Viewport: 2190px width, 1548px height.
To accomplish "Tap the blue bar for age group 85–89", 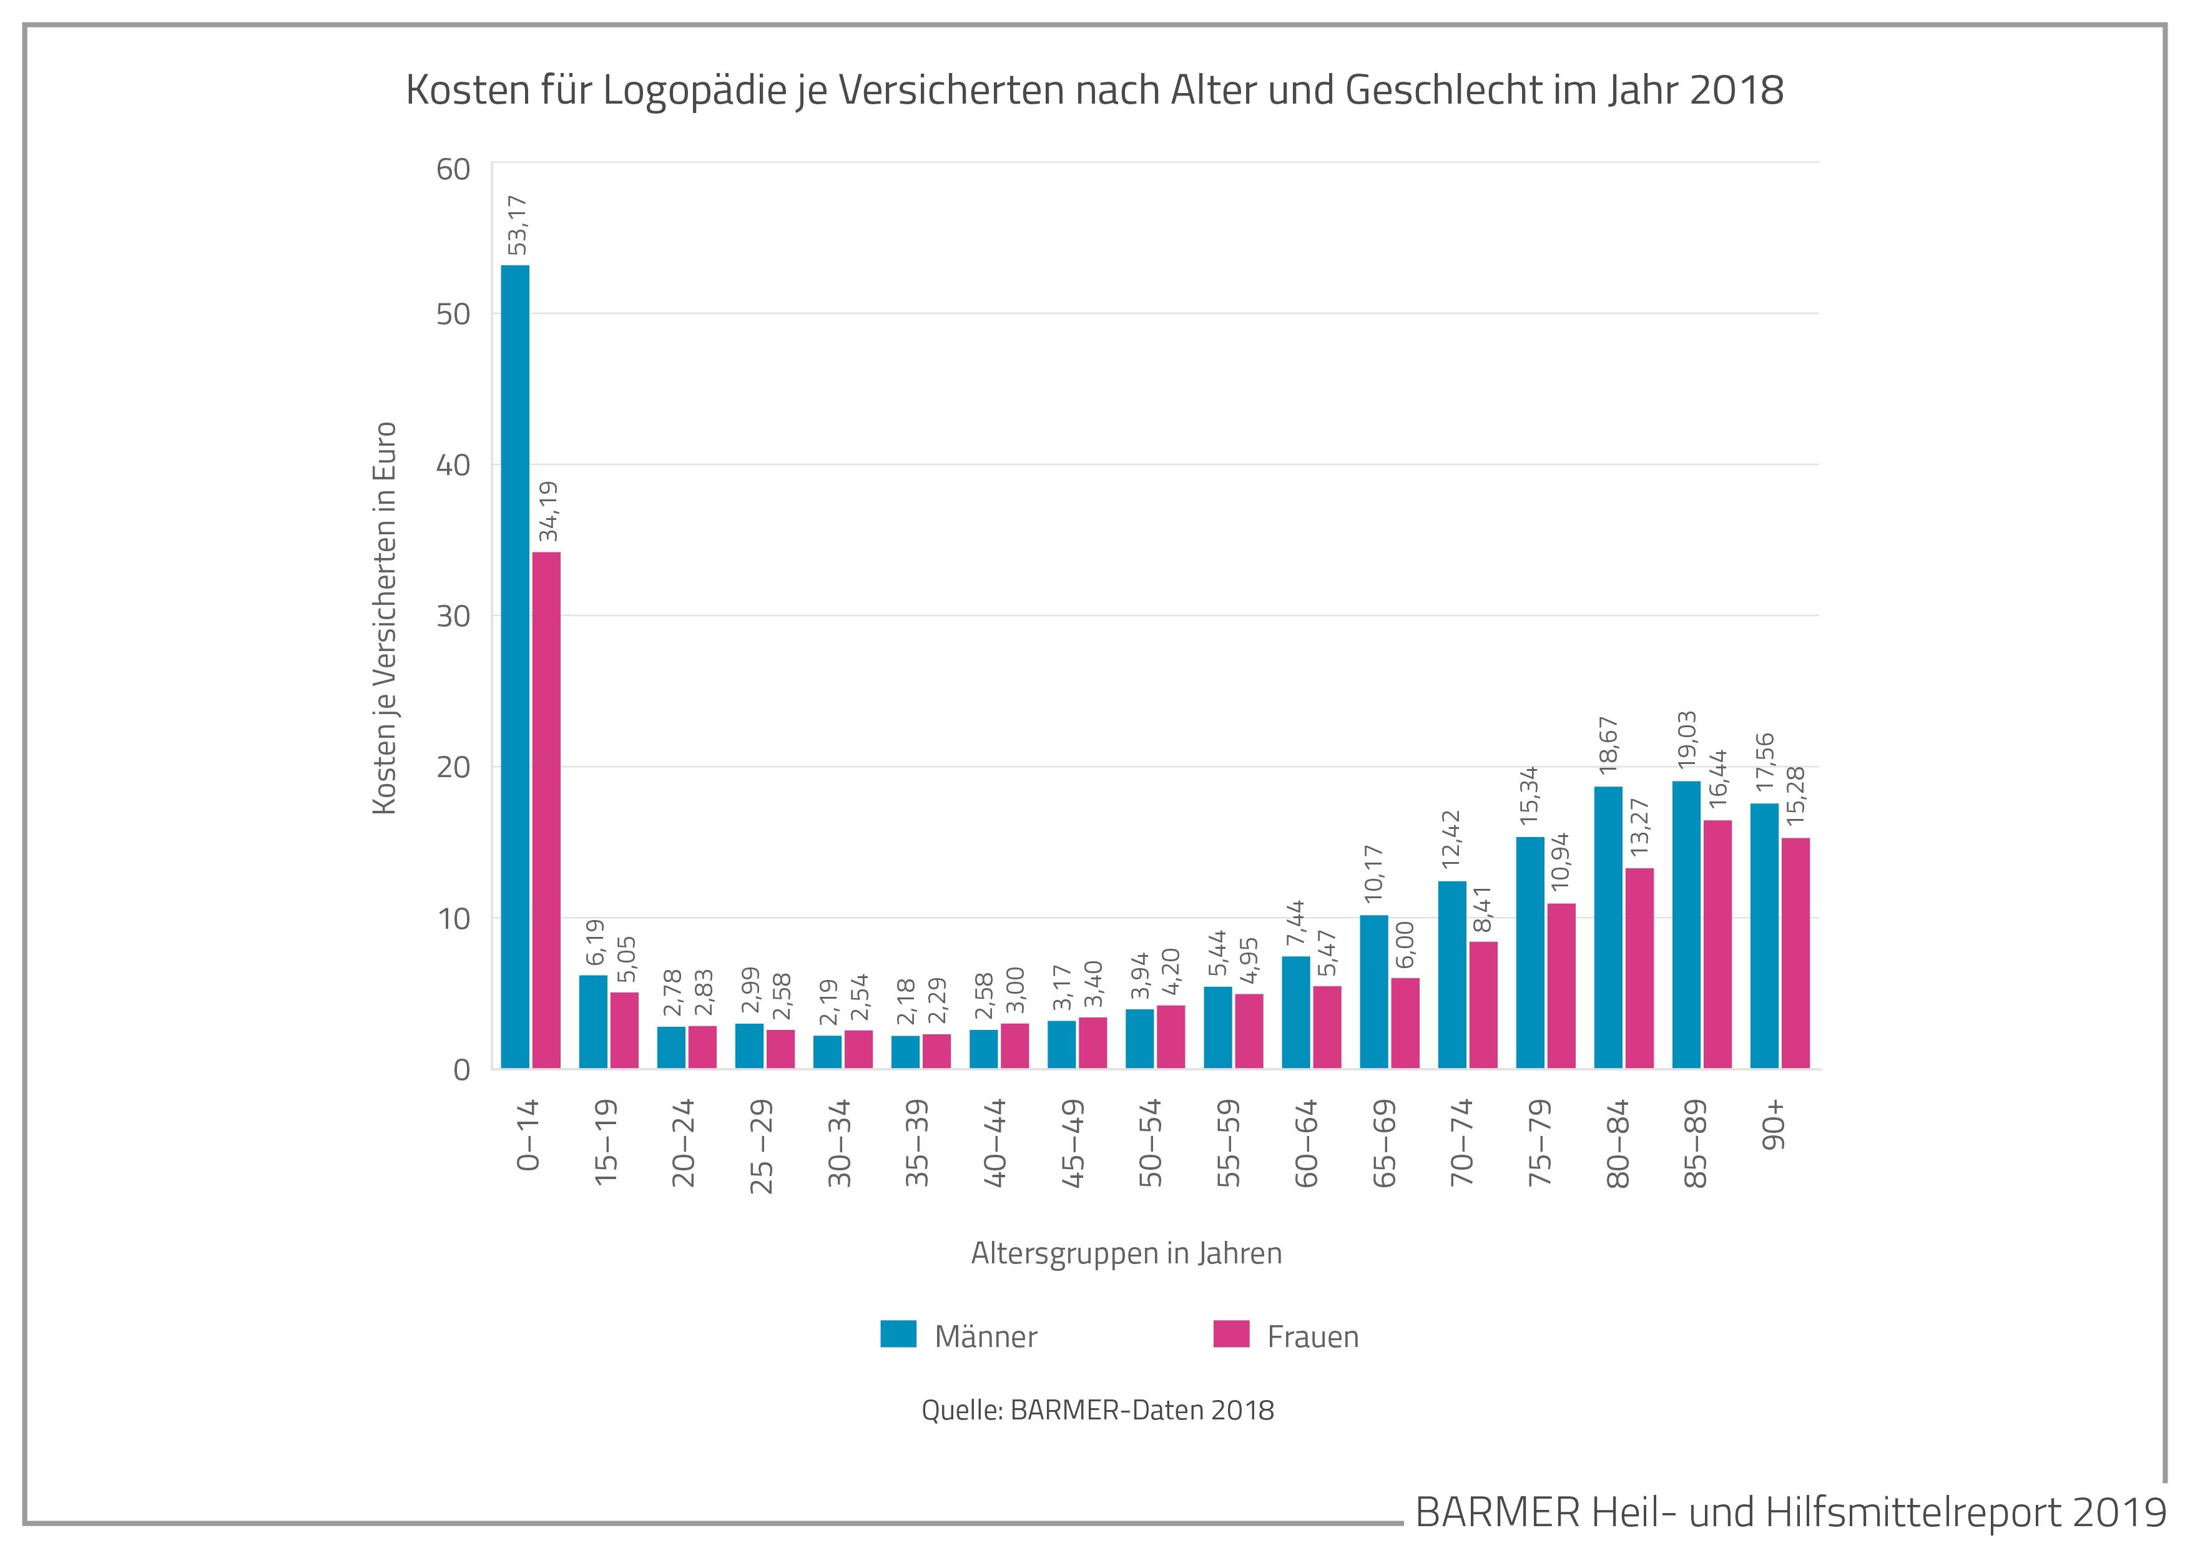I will click(x=1686, y=924).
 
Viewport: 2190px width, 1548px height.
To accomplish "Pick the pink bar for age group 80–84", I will click(x=1639, y=968).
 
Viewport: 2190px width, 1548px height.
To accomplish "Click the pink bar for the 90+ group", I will click(x=1795, y=953).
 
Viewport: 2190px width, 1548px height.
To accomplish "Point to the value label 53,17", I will click(x=517, y=225).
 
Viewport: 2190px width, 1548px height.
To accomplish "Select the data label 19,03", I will click(x=1687, y=739).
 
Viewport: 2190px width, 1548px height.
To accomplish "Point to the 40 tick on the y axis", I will click(x=454, y=466).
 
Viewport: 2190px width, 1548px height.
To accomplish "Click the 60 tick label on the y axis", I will click(x=454, y=170).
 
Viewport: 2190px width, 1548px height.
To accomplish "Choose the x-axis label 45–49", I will click(x=1073, y=1143).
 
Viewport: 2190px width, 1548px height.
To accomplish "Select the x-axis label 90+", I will click(x=1776, y=1125).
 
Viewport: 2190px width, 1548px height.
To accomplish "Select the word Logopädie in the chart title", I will click(x=695, y=91).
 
